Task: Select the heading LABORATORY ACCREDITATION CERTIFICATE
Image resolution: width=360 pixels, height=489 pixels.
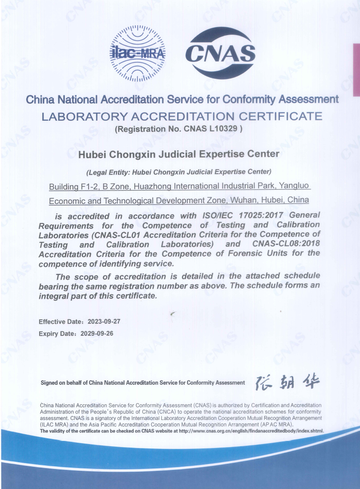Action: [x=182, y=117]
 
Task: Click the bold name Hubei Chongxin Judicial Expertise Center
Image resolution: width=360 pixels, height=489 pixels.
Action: [x=179, y=154]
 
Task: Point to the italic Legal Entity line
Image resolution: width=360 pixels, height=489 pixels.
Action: [x=179, y=171]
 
